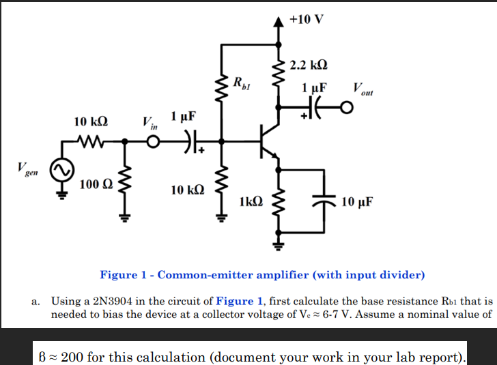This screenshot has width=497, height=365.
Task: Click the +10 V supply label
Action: click(x=307, y=18)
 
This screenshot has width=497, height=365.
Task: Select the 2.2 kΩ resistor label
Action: click(x=309, y=66)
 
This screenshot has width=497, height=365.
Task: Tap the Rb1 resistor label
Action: click(x=242, y=84)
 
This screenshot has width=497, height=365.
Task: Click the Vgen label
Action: click(x=28, y=169)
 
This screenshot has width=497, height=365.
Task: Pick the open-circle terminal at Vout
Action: click(x=347, y=108)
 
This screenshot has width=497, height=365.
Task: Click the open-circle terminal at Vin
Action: click(x=153, y=143)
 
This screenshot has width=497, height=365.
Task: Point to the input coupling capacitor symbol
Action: click(x=186, y=143)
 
